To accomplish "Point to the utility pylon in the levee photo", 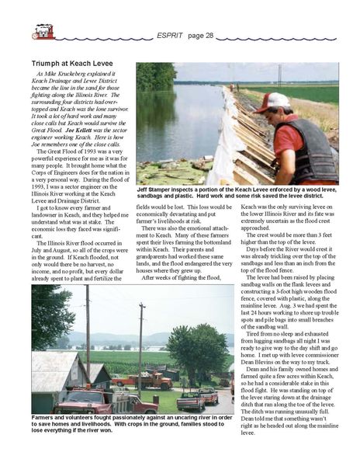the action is click(x=280, y=74).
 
